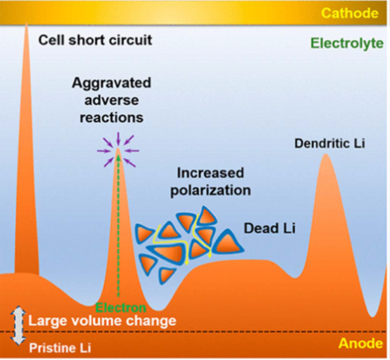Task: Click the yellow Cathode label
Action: coord(349,13)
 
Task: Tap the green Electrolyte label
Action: coord(347,43)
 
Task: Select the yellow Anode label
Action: coord(361,344)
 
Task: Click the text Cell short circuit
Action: coord(95,40)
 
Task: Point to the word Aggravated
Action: coord(111,83)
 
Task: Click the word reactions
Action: coord(111,117)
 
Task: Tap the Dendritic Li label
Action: coord(330,143)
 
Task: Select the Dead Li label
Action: coord(270,228)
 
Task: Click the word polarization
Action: coord(210,190)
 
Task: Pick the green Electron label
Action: coord(121,308)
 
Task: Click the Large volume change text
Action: coord(102,321)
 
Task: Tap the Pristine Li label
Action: coord(60,348)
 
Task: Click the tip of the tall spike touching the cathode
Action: coord(27,23)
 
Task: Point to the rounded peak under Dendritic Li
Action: coord(325,155)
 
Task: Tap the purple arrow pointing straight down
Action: coord(118,139)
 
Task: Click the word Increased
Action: coord(210,173)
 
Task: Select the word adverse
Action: coord(111,100)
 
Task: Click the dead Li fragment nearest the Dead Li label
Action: coord(227,242)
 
